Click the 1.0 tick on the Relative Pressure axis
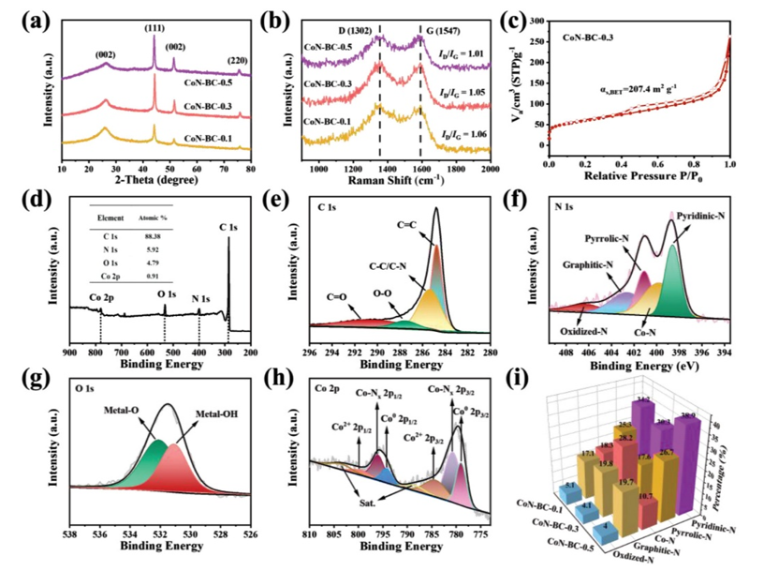click(729, 163)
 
